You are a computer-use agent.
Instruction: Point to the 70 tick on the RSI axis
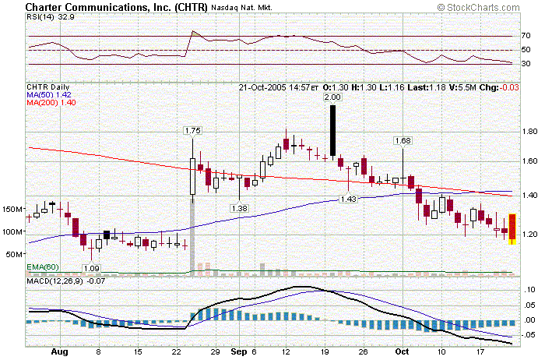coord(526,36)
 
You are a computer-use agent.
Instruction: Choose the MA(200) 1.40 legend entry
coord(54,103)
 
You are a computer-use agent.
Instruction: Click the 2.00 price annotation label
coord(333,97)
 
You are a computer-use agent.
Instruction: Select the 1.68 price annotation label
coord(403,141)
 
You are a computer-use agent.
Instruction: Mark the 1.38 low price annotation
coord(239,208)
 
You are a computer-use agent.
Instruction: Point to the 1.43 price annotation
coord(348,199)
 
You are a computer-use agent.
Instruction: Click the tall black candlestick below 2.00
coord(333,131)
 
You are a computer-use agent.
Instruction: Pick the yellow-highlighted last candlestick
coord(512,229)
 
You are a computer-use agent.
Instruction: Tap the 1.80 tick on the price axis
coord(529,132)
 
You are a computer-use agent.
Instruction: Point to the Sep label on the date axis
coord(237,351)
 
